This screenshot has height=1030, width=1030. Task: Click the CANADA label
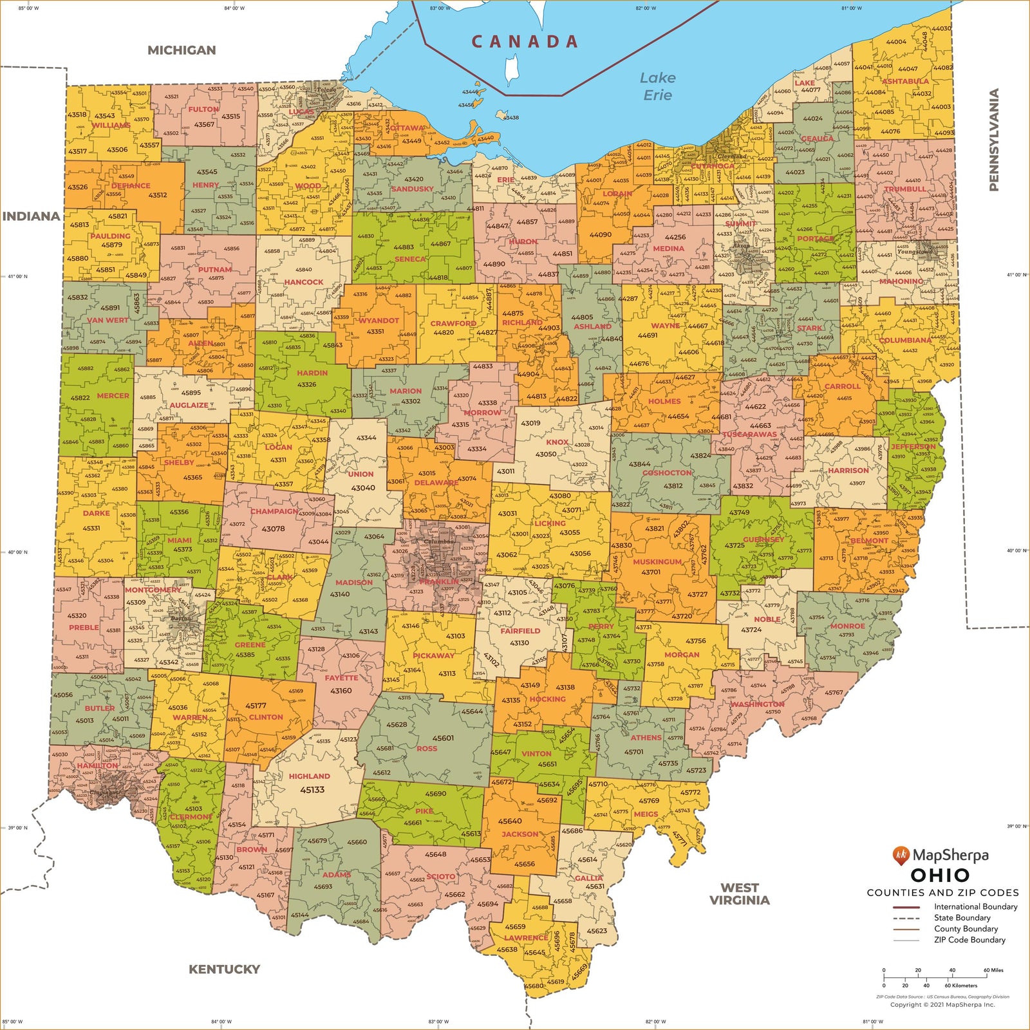[x=525, y=42]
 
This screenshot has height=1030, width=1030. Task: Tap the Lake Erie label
[x=657, y=86]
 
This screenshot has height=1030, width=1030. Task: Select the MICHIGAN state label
[x=182, y=50]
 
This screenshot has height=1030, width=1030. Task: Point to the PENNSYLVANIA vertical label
[x=994, y=140]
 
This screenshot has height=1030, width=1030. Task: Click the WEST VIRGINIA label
[x=739, y=894]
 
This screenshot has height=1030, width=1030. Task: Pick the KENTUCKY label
[x=224, y=969]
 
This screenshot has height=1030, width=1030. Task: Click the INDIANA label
[x=31, y=216]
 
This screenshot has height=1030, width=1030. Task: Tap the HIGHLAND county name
[x=309, y=776]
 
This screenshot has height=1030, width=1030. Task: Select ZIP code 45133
[x=312, y=790]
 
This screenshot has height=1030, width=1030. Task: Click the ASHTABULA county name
[x=905, y=82]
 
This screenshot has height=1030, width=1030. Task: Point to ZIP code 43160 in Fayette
[x=341, y=691]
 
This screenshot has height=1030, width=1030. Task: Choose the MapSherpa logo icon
[x=901, y=856]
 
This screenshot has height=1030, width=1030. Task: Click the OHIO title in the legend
[x=940, y=876]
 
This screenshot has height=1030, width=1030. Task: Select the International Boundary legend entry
[x=975, y=907]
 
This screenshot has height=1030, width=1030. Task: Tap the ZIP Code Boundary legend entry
[x=969, y=940]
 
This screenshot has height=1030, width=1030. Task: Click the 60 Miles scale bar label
[x=993, y=970]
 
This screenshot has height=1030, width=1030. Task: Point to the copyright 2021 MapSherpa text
[x=942, y=1004]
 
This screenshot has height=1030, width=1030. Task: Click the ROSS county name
[x=427, y=749]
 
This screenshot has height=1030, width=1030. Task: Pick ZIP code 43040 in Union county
[x=363, y=487]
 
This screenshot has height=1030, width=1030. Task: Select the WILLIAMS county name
[x=111, y=126]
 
